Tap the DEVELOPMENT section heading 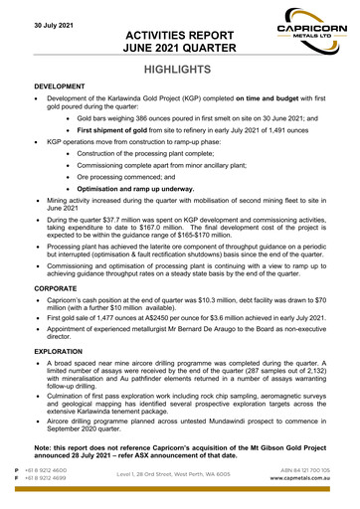[62, 88]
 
